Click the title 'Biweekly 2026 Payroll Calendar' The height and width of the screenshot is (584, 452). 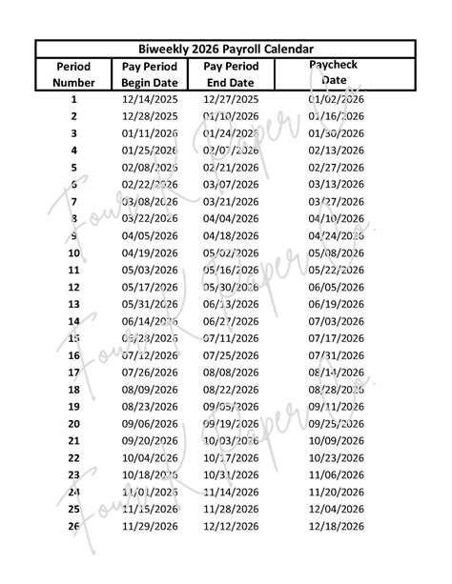(226, 50)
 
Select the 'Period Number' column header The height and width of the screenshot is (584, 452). (73, 74)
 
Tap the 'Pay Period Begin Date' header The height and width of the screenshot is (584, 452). (151, 74)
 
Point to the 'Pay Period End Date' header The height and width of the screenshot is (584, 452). (232, 74)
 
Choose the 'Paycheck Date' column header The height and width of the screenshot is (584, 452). (335, 72)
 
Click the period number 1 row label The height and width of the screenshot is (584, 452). (73, 99)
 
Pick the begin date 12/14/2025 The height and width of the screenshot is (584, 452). (151, 99)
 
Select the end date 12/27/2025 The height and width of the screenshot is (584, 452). (232, 99)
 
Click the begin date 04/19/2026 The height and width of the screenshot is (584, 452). (151, 253)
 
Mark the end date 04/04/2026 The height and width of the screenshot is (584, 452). (232, 219)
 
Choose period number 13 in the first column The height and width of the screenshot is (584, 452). (73, 304)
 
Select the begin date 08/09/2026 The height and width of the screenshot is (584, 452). (151, 390)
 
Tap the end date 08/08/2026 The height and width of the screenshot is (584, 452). (232, 373)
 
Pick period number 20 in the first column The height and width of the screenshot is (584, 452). (73, 424)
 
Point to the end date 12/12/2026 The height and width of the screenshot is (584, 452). (232, 526)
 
